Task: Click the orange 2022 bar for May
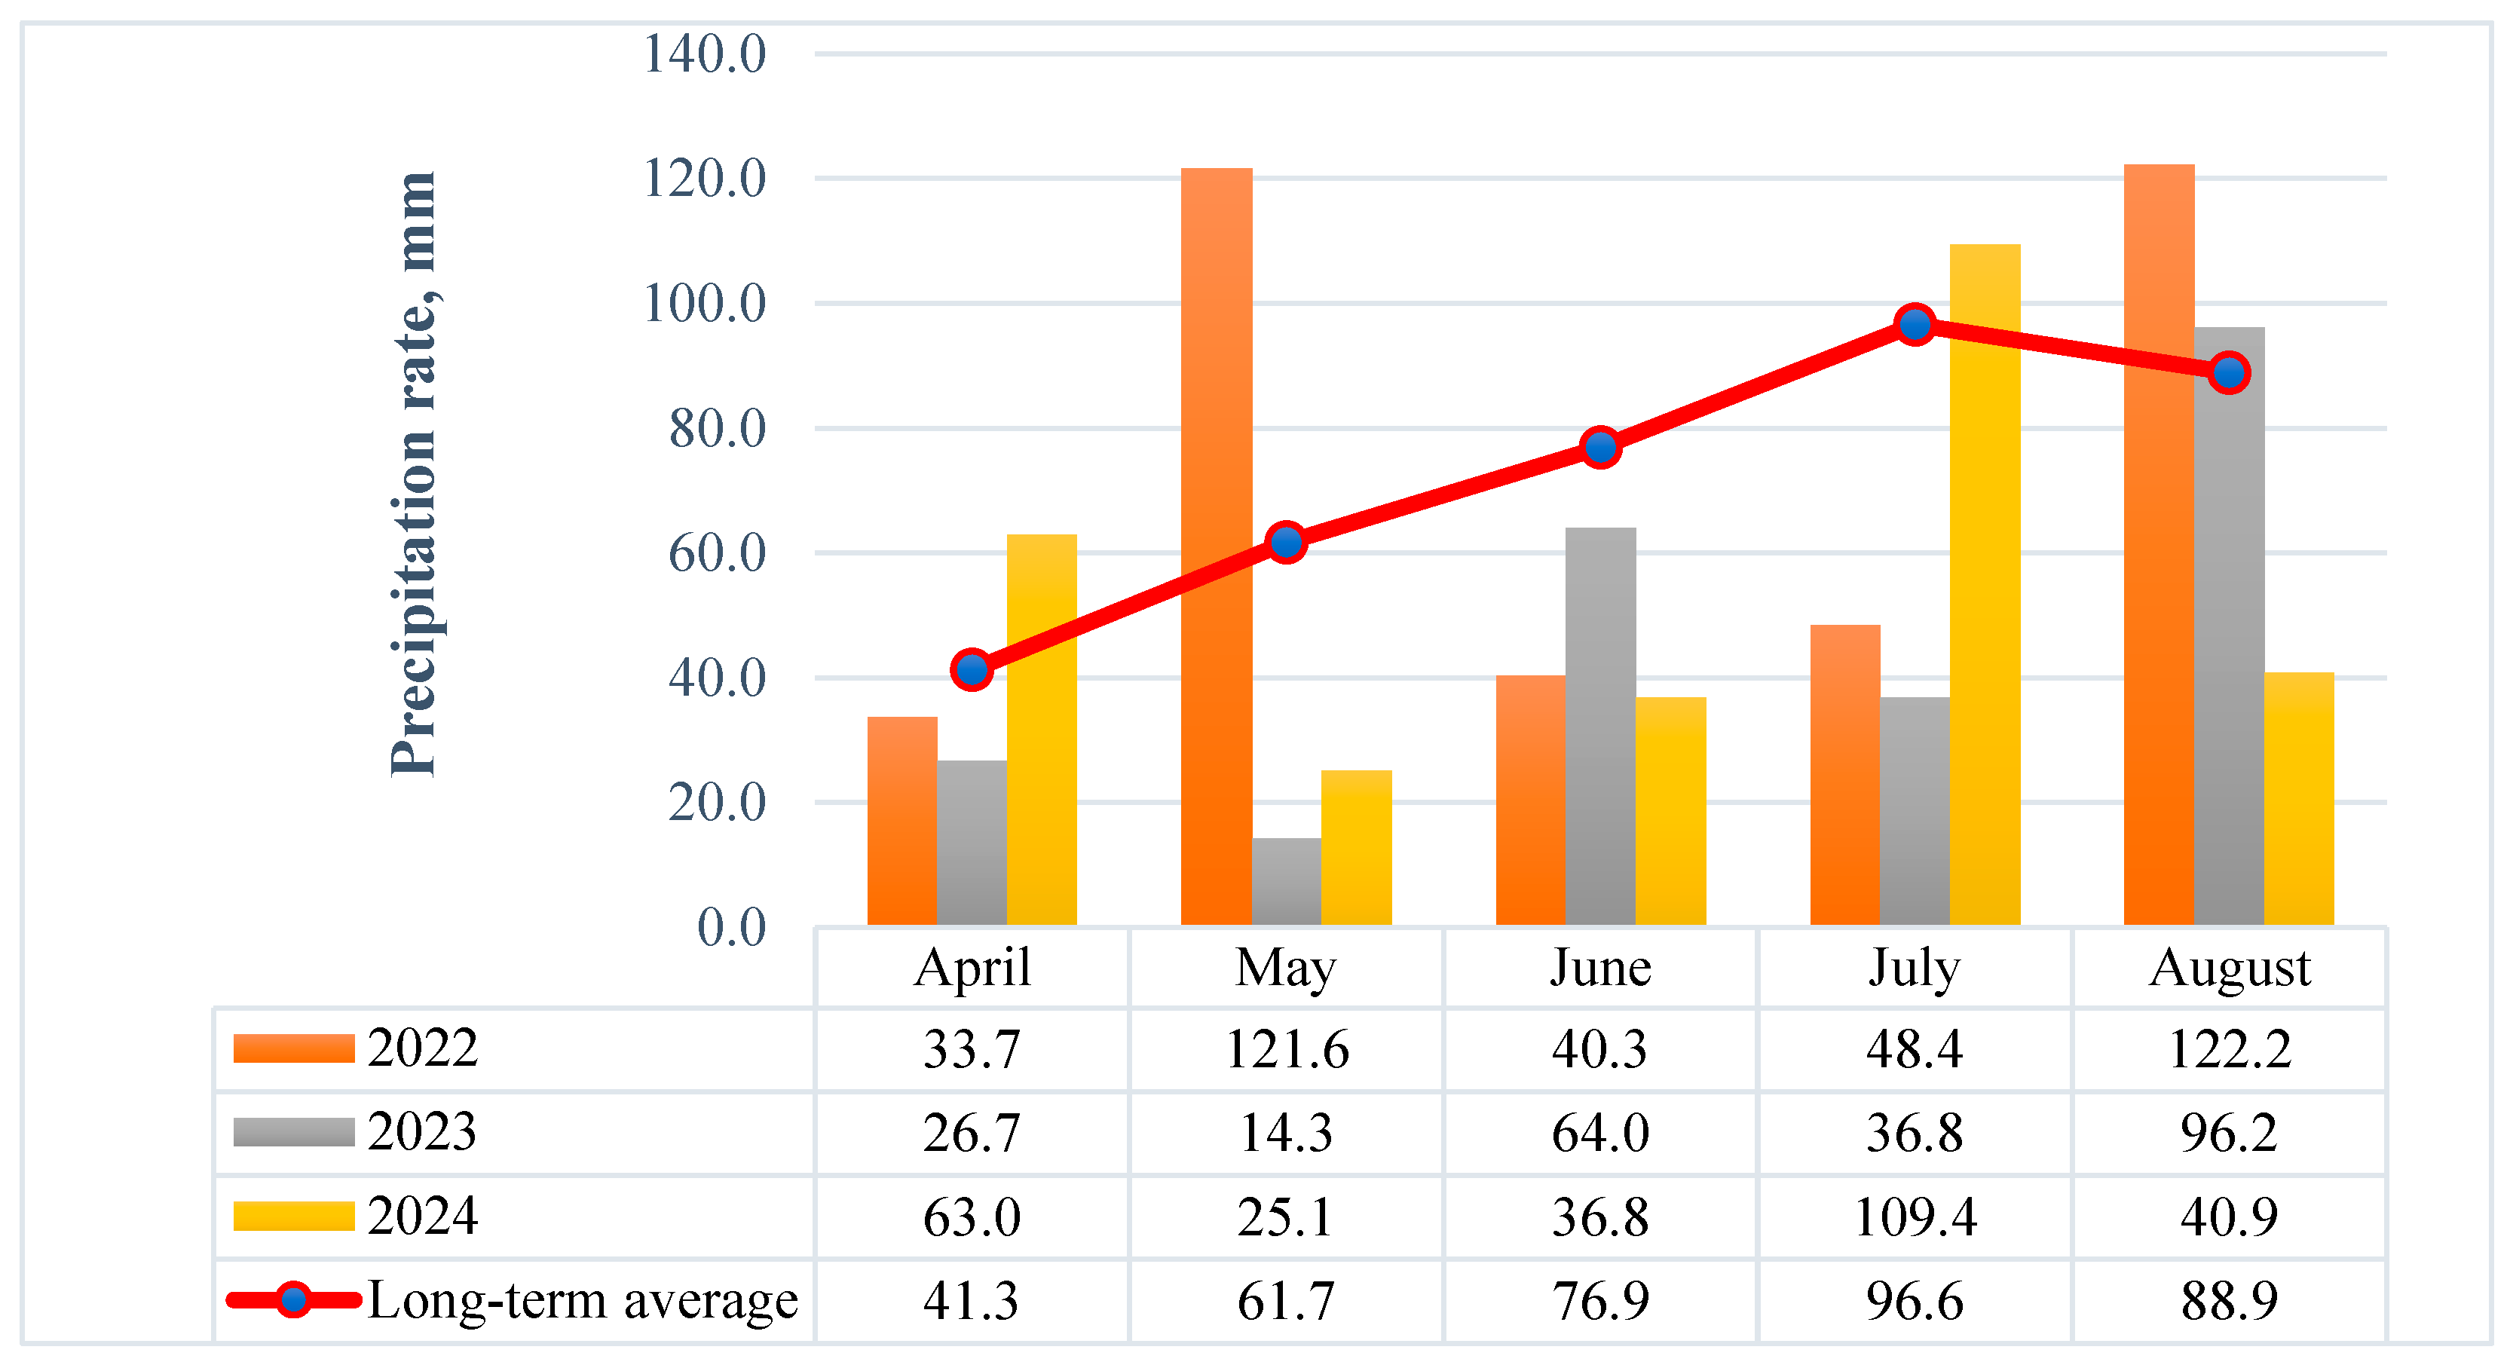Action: point(1216,546)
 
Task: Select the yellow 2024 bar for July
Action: point(1985,585)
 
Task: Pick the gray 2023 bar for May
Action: point(1286,882)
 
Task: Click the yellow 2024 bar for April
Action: point(1042,730)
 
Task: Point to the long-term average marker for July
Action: point(1915,324)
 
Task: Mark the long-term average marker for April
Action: point(972,669)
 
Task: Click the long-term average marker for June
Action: point(1601,447)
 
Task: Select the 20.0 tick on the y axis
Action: point(717,803)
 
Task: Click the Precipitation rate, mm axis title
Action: point(413,475)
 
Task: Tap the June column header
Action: point(1600,968)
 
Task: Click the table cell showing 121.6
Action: point(1286,1049)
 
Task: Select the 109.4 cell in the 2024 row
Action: point(1915,1217)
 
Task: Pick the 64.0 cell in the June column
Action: point(1600,1133)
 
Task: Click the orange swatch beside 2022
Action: point(293,1048)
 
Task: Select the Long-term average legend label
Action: point(582,1301)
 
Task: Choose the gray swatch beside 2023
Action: point(293,1132)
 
